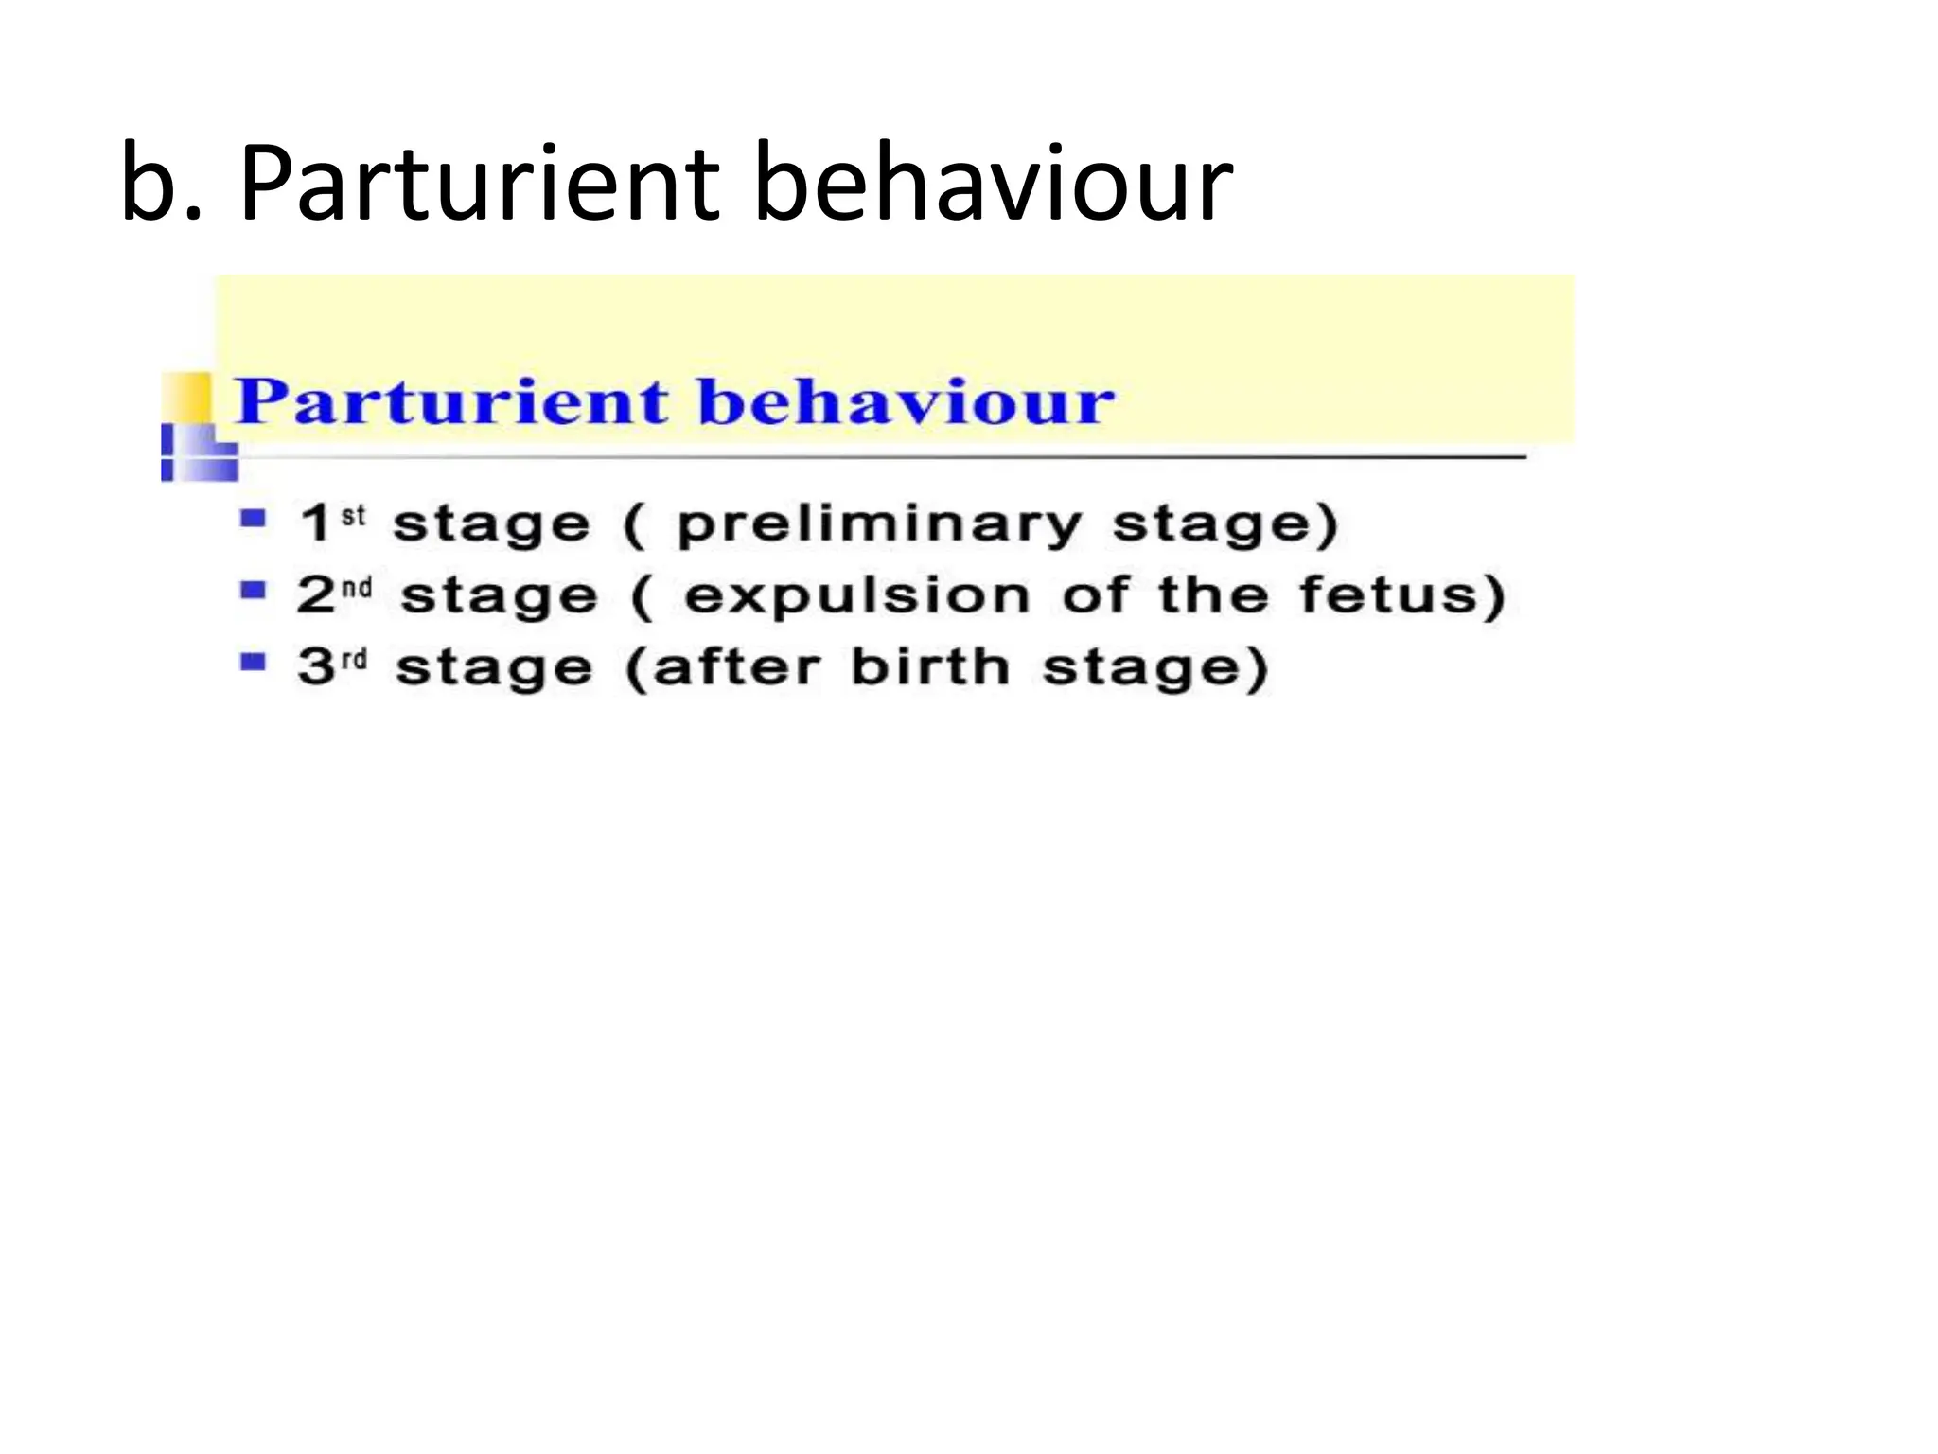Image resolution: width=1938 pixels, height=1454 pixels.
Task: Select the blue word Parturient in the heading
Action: click(x=452, y=401)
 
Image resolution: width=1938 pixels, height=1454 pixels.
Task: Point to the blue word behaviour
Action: click(x=906, y=401)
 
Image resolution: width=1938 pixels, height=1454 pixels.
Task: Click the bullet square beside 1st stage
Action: click(x=253, y=519)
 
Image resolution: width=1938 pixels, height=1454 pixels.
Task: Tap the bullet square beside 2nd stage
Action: click(x=253, y=591)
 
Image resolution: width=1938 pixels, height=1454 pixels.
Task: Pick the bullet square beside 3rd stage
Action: click(x=253, y=662)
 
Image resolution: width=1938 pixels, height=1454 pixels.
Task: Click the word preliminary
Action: click(x=879, y=524)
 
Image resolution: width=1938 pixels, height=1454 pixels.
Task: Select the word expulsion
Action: click(x=856, y=596)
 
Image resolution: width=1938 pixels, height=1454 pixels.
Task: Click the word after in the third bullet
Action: click(x=736, y=667)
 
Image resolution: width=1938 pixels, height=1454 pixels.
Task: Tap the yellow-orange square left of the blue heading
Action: click(x=187, y=397)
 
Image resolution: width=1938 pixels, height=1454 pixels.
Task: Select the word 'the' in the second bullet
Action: click(x=1213, y=595)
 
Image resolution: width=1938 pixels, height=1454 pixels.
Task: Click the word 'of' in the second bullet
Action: click(x=1095, y=595)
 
